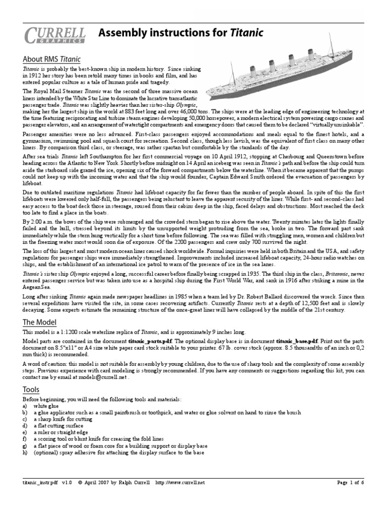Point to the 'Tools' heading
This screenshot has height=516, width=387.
[x=31, y=389]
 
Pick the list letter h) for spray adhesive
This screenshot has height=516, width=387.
[x=25, y=453]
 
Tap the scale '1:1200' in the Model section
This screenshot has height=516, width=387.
[x=73, y=333]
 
